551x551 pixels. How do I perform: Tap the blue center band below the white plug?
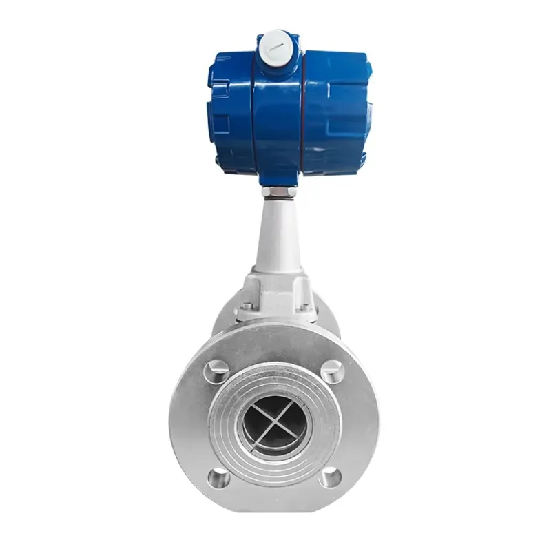pos(279,117)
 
